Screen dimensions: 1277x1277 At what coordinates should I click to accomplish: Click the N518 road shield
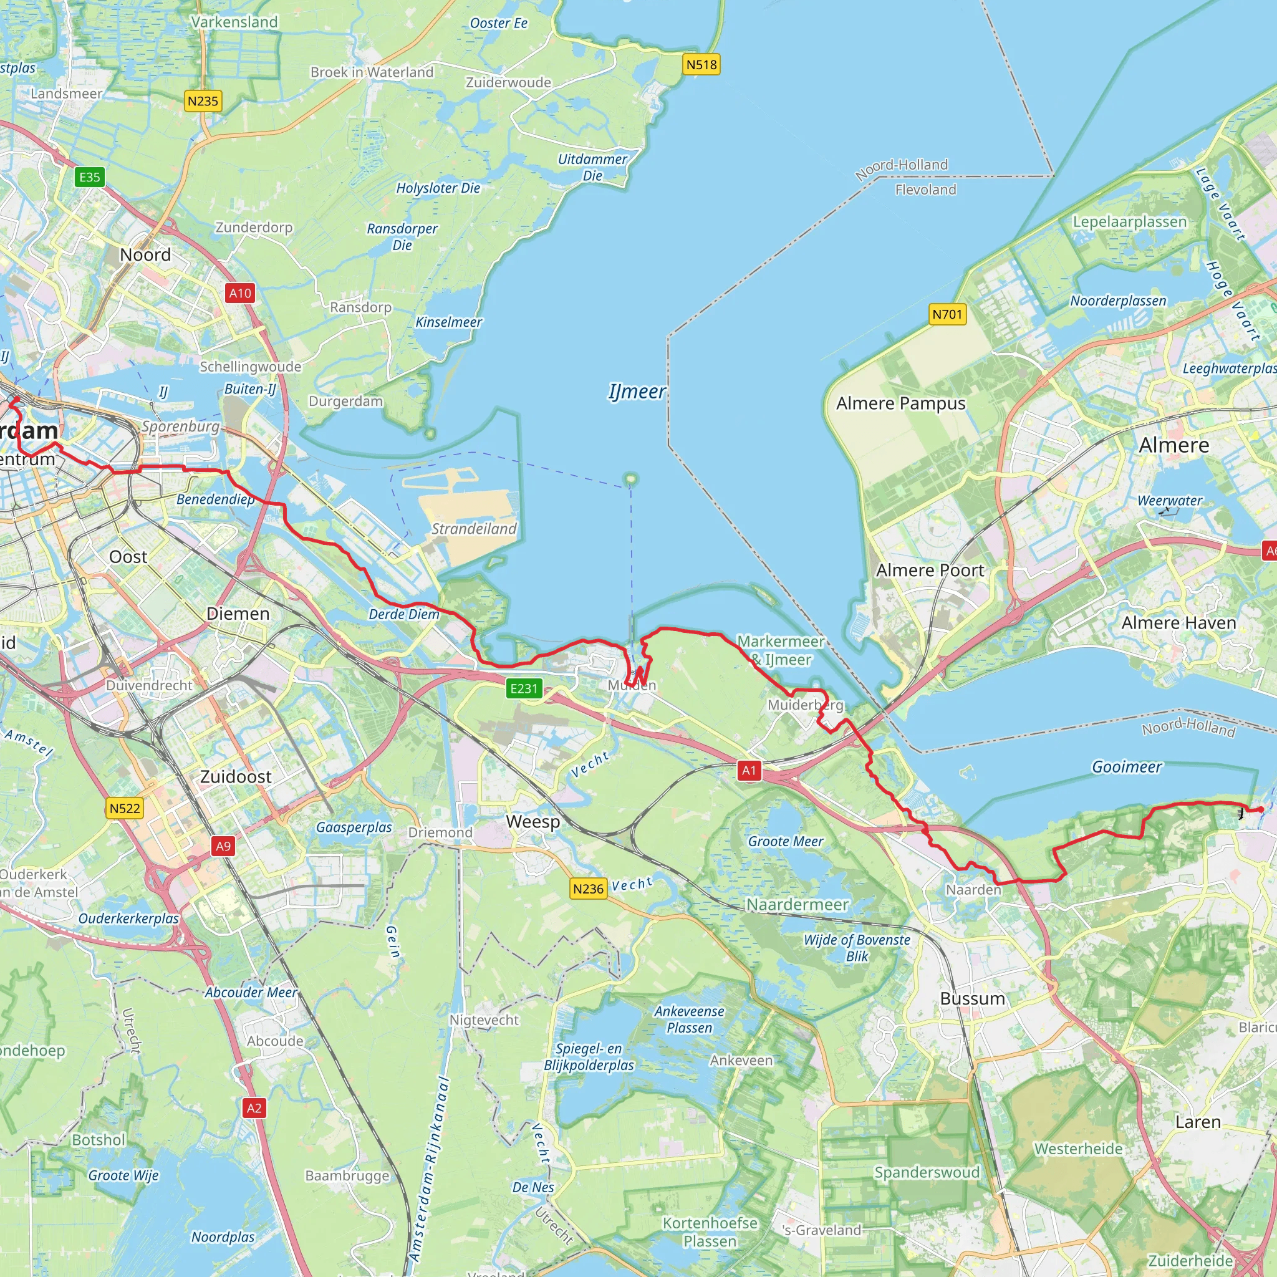point(701,65)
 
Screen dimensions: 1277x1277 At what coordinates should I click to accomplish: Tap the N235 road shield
point(203,101)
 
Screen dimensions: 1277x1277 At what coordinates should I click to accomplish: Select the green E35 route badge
point(90,177)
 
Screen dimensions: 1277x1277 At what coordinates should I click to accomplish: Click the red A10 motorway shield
point(240,294)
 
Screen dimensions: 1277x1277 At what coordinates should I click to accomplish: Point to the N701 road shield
point(947,315)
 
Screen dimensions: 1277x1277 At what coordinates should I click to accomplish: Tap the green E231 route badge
point(524,689)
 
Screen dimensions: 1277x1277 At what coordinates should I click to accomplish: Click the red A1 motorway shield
point(748,770)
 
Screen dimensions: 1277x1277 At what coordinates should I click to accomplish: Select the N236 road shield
point(588,889)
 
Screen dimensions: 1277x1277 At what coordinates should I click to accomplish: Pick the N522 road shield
point(125,808)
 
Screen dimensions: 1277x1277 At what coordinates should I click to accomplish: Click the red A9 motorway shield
point(223,846)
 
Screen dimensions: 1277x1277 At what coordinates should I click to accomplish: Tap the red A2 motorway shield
point(254,1109)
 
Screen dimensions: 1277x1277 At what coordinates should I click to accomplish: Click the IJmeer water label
point(637,392)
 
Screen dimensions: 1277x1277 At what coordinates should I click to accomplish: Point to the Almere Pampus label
point(900,403)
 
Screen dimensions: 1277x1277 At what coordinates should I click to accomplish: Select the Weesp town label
point(532,822)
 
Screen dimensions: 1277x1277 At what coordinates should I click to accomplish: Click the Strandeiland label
point(474,529)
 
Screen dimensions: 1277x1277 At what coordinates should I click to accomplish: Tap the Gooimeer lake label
point(1126,767)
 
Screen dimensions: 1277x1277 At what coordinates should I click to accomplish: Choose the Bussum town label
point(972,998)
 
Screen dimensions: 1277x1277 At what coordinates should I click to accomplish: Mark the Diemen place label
point(238,614)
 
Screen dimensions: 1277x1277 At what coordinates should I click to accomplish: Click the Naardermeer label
point(797,904)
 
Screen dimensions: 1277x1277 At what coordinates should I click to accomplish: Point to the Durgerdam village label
point(345,401)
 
